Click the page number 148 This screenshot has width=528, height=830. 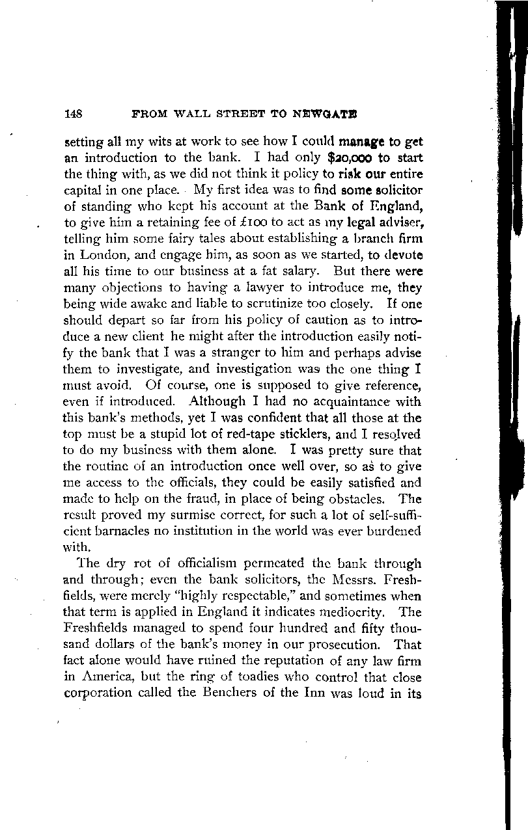click(x=72, y=113)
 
